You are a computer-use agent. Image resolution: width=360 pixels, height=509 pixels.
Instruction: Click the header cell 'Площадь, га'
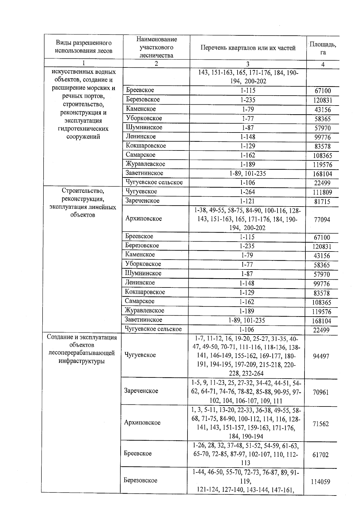pyautogui.click(x=323, y=48)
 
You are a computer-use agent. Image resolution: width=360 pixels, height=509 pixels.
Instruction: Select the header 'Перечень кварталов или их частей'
pyautogui.click(x=248, y=48)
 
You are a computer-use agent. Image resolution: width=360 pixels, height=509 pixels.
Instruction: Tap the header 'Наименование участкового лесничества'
pyautogui.click(x=156, y=47)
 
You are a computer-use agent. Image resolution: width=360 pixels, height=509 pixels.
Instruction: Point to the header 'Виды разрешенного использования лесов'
pyautogui.click(x=83, y=47)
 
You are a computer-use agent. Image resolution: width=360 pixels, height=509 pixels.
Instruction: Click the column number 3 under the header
pyautogui.click(x=248, y=64)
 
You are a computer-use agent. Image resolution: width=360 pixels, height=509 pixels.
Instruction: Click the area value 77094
pyautogui.click(x=322, y=220)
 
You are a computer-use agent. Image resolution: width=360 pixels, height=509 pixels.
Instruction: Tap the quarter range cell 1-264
pyautogui.click(x=247, y=192)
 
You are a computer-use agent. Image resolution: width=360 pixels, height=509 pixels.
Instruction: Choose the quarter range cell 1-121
pyautogui.click(x=247, y=201)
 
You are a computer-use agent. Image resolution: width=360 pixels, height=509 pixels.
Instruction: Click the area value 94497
pyautogui.click(x=321, y=356)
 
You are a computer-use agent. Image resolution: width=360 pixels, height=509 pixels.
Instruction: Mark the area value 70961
pyautogui.click(x=321, y=392)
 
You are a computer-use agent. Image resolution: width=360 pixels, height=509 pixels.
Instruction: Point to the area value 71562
pyautogui.click(x=321, y=424)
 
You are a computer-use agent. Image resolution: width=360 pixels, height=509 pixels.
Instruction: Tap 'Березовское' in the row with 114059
pyautogui.click(x=140, y=481)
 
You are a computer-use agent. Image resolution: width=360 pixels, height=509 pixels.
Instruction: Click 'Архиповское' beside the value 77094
pyautogui.click(x=143, y=219)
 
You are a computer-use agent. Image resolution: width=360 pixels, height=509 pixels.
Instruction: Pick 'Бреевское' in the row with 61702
pyautogui.click(x=138, y=454)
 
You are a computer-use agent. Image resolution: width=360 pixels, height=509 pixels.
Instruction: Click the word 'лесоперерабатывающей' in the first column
pyautogui.click(x=82, y=353)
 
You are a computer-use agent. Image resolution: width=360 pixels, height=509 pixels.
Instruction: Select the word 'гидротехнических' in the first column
pyautogui.click(x=83, y=129)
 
